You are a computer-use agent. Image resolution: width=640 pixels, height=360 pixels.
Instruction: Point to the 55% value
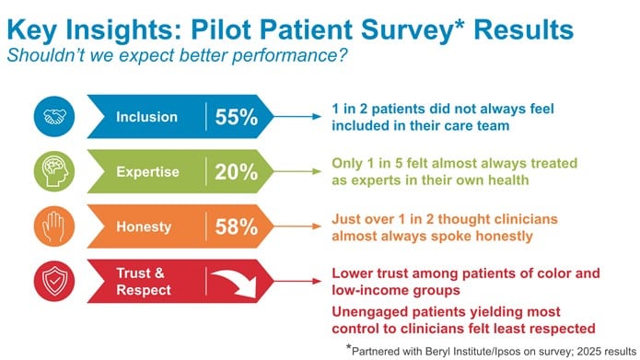[x=237, y=117]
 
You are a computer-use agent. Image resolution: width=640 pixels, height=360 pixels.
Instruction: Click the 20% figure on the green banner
[x=237, y=171]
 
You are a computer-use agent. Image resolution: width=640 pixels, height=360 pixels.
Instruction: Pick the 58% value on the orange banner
[x=237, y=226]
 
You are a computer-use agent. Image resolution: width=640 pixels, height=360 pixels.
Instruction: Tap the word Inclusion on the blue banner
[x=147, y=117]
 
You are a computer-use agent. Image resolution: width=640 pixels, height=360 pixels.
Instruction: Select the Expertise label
[x=147, y=171]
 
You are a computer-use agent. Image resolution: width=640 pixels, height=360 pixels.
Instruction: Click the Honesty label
[x=147, y=226]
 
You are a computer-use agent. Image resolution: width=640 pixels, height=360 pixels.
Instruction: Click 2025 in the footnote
[x=559, y=349]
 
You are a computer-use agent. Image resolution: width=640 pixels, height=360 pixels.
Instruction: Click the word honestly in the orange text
[x=468, y=235]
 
